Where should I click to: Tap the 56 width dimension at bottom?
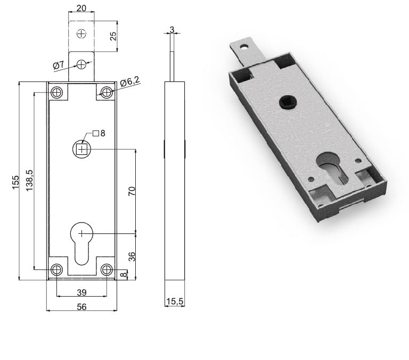(x=81, y=306)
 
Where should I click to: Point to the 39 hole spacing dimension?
(x=81, y=292)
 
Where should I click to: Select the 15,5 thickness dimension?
(x=174, y=301)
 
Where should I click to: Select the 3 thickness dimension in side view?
(x=172, y=29)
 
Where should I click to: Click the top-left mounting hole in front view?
(x=56, y=93)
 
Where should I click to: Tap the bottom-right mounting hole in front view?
(x=107, y=269)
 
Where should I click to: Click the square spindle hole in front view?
(x=81, y=150)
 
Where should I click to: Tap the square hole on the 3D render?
(x=287, y=102)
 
